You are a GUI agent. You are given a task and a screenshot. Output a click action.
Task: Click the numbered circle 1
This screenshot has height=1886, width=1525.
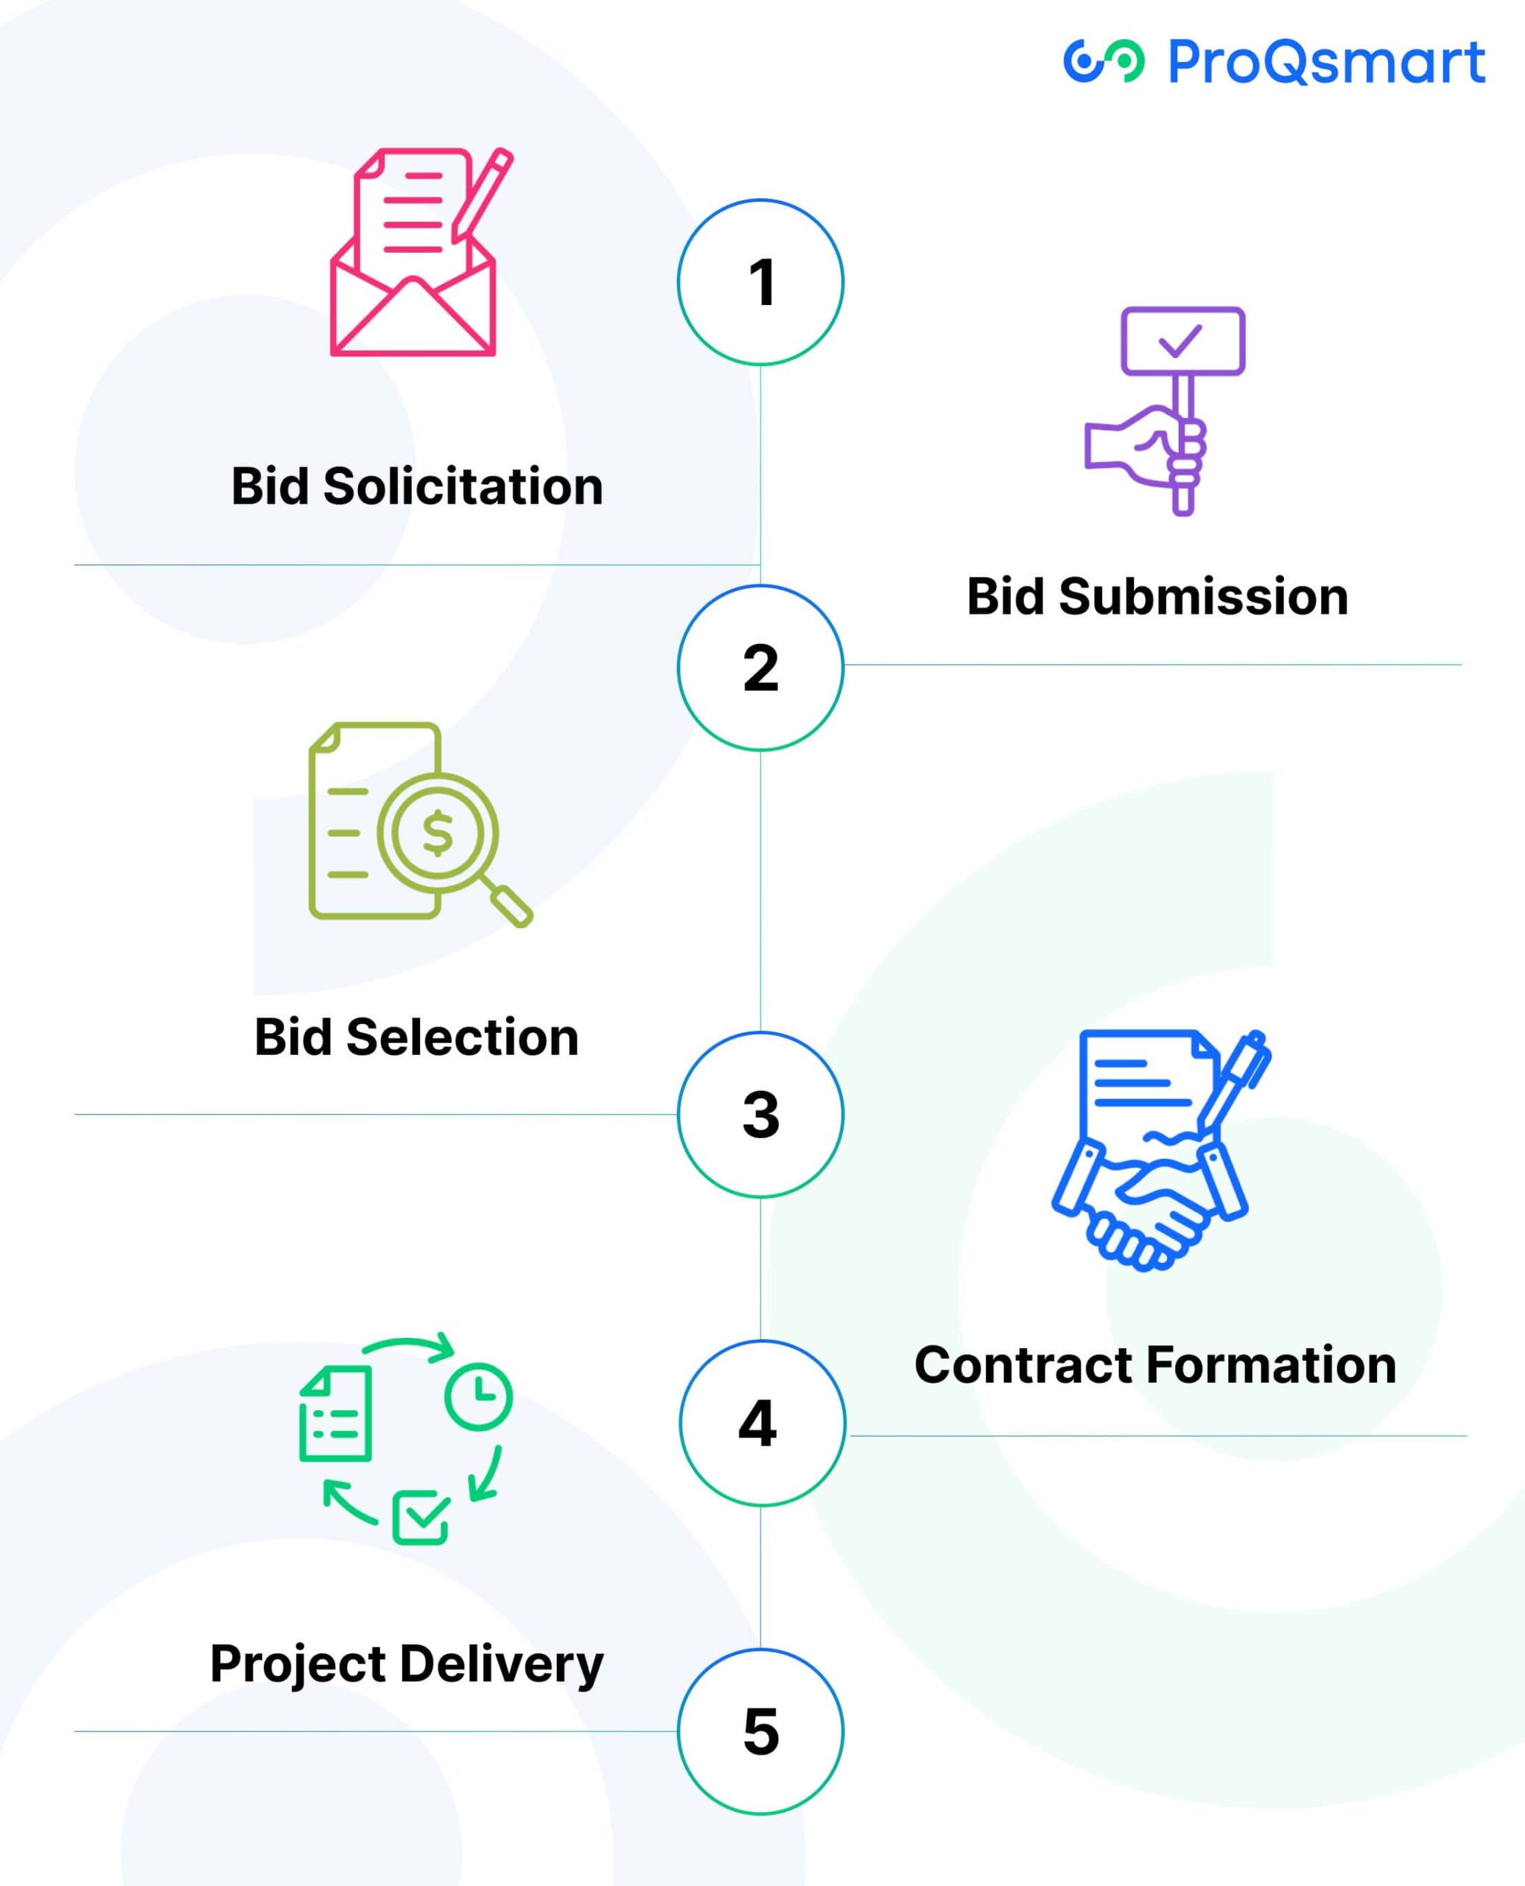click(x=761, y=282)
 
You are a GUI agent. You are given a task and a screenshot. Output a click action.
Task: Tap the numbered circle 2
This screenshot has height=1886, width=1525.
click(x=761, y=667)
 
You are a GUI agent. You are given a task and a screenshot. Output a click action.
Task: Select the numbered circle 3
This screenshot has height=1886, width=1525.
click(x=761, y=1114)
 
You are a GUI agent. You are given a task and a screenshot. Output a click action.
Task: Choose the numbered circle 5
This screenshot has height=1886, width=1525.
click(x=761, y=1731)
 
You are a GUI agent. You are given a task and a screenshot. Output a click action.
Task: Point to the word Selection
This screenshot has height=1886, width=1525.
click(x=462, y=1037)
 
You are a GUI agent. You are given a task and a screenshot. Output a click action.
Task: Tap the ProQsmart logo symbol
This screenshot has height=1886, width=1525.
click(x=1104, y=61)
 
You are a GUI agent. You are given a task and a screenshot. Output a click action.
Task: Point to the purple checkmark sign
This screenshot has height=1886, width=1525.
click(x=1182, y=341)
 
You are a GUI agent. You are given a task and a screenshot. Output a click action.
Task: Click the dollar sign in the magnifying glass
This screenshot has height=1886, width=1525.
click(x=438, y=832)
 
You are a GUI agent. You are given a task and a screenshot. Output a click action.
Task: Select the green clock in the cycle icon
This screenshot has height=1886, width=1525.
click(x=478, y=1396)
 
